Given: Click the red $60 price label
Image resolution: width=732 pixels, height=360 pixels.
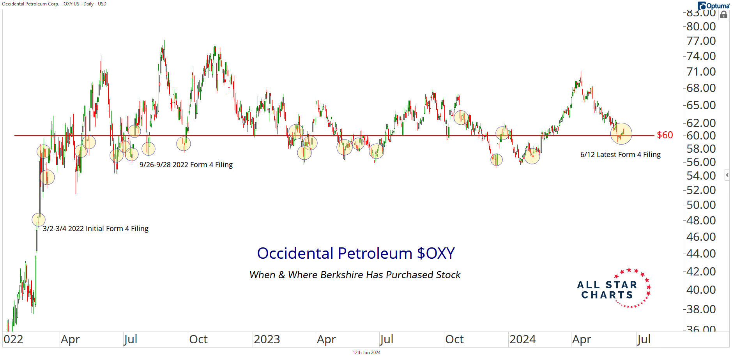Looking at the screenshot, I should (665, 135).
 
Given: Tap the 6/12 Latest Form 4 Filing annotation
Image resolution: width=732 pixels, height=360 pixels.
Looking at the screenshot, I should (620, 155).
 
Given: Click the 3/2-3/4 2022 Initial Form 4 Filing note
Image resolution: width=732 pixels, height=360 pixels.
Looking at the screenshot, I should (95, 229).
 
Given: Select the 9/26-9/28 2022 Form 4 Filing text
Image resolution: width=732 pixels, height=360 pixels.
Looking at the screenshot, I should (186, 165).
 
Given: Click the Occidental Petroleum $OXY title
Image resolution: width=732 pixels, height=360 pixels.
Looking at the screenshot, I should (355, 253).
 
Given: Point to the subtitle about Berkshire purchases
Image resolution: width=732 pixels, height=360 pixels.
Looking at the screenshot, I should (355, 275).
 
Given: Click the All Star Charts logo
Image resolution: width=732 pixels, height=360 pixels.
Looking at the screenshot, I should (614, 289).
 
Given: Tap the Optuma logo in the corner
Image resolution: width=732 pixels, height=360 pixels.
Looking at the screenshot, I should (714, 5).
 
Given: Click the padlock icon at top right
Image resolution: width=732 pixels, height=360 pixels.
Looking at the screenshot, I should (724, 15).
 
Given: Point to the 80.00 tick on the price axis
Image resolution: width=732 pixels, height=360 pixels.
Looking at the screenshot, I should (701, 26).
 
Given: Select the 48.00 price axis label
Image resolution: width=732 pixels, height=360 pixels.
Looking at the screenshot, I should (701, 221).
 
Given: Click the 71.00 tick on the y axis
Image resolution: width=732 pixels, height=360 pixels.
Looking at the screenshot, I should (701, 72).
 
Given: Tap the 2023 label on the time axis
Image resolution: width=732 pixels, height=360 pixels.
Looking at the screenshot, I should (267, 339).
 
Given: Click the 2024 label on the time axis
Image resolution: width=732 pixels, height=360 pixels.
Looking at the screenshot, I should (522, 339).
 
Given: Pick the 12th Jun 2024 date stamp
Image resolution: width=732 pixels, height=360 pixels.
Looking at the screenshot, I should (366, 353).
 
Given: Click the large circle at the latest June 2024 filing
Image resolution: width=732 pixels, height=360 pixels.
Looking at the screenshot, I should (621, 134).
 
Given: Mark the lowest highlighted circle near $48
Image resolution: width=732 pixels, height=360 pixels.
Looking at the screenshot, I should (39, 220).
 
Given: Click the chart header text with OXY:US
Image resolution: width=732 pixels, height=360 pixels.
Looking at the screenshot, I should (54, 4).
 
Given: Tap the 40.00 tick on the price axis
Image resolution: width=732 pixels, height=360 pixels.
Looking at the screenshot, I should (701, 290).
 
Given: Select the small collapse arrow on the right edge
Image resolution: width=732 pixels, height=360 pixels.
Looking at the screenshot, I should (727, 175).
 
